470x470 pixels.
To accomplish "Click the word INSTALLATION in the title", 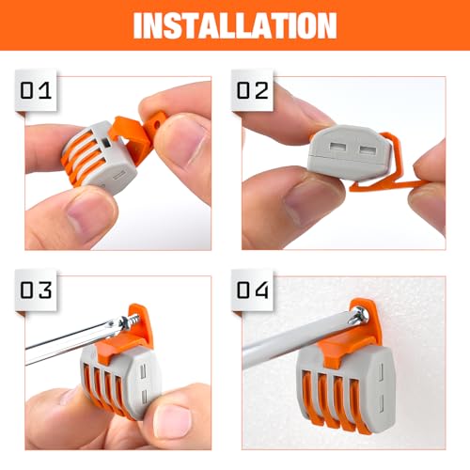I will (x=235, y=24).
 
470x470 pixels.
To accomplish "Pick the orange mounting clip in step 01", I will (x=134, y=136).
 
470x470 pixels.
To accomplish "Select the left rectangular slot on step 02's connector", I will (x=335, y=148).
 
